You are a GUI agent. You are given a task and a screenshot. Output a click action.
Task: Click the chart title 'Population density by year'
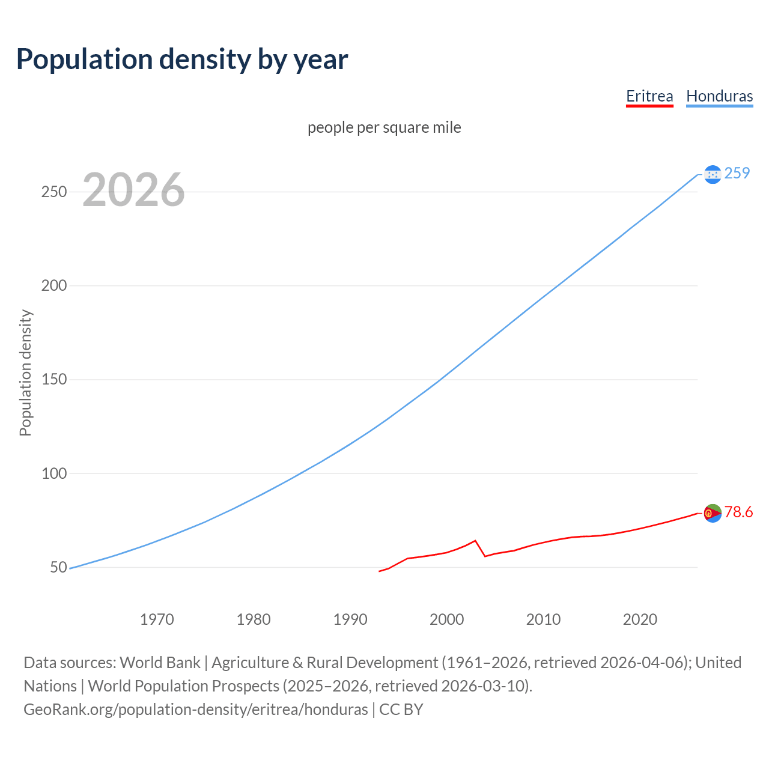(182, 59)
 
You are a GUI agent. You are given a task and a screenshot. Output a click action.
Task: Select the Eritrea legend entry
(649, 96)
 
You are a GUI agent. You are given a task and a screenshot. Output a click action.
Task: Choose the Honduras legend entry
(719, 96)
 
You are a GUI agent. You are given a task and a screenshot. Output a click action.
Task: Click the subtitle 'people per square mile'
(384, 127)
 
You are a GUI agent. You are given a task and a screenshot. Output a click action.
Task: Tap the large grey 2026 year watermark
(133, 190)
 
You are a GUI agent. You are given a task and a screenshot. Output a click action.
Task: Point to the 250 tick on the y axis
(53, 192)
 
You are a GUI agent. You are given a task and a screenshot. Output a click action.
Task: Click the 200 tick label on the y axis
(53, 286)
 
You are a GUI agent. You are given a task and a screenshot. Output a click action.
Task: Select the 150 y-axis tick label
(53, 380)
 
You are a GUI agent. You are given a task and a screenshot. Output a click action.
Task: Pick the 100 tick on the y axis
(53, 473)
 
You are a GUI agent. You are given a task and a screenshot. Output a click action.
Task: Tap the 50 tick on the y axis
(58, 567)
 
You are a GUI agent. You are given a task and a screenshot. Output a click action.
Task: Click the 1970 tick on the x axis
(157, 619)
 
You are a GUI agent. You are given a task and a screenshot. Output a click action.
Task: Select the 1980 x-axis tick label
(254, 619)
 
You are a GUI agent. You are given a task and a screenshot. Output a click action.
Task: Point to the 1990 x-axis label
(350, 619)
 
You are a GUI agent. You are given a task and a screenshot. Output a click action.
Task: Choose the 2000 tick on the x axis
(447, 619)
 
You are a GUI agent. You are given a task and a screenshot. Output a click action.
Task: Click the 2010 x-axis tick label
(544, 619)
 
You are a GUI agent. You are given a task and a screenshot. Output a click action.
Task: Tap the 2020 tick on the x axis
(640, 619)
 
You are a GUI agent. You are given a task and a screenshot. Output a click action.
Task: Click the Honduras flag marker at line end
(713, 174)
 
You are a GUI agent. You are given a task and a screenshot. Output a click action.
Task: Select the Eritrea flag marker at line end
(713, 513)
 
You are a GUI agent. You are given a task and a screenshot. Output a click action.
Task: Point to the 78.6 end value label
(738, 512)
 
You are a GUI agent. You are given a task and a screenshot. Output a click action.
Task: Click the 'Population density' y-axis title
(25, 372)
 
